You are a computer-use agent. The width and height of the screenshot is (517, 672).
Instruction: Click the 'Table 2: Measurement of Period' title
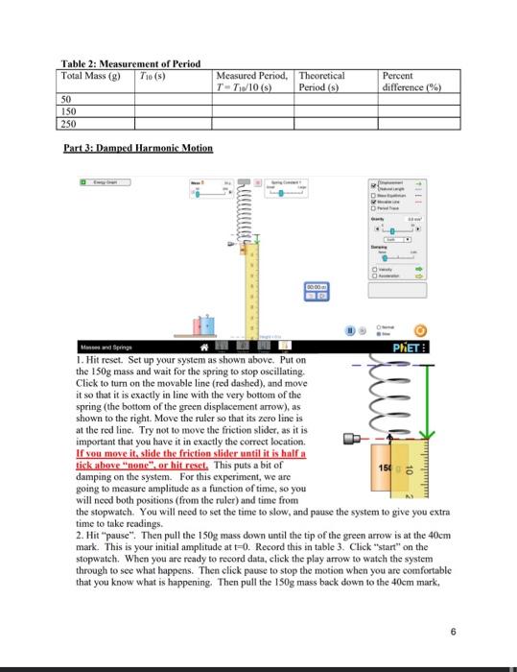coord(130,62)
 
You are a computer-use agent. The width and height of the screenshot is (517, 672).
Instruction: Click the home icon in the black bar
coord(204,347)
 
